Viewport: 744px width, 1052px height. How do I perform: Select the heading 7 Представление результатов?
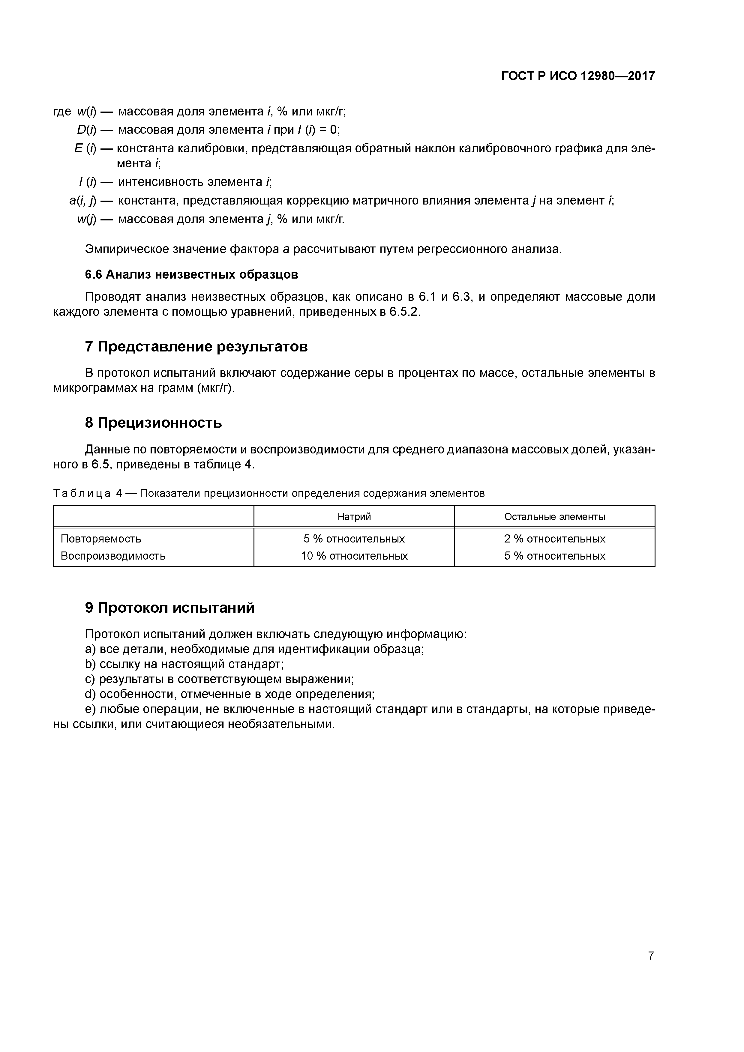click(196, 347)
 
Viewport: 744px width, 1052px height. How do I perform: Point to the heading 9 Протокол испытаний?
click(169, 608)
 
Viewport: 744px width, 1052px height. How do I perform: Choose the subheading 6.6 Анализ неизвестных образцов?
click(192, 274)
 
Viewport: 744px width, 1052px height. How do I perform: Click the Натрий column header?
click(354, 517)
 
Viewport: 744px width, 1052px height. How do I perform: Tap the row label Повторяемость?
click(101, 539)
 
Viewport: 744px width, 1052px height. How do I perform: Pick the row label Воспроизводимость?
click(113, 556)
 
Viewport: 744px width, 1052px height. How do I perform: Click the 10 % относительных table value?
click(354, 556)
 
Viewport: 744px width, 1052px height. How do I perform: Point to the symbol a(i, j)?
click(82, 201)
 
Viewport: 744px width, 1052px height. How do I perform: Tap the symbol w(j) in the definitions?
click(87, 220)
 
